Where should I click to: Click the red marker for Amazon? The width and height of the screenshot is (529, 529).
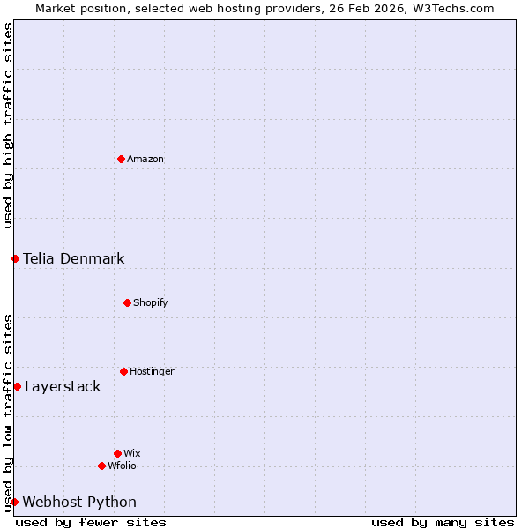coord(121,159)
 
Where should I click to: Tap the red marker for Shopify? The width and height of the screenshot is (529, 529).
coord(127,302)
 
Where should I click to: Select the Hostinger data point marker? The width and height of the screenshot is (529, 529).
coord(123,371)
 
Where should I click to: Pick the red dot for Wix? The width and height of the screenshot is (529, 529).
coord(117,453)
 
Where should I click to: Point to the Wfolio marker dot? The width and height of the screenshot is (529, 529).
coord(101,466)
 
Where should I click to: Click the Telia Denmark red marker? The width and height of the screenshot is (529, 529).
coord(15,258)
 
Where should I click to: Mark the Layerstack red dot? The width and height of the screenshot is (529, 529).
coord(17,386)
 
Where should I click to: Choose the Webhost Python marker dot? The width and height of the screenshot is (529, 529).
coord(14,502)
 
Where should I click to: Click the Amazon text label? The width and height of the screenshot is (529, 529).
coord(145,160)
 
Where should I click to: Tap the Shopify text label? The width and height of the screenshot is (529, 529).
coord(151,303)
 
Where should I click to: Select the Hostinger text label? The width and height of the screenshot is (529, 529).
coord(152,372)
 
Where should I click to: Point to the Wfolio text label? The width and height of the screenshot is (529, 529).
coord(122,466)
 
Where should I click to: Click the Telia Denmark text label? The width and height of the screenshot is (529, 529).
coord(74,259)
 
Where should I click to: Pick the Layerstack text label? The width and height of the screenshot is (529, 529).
coord(63,387)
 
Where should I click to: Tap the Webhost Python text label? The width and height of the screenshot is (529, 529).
coord(79,503)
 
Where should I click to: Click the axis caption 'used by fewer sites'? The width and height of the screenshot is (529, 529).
coord(91,522)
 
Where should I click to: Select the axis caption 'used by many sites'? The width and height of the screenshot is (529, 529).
coord(443,522)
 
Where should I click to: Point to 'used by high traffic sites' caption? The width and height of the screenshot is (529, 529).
coord(8,125)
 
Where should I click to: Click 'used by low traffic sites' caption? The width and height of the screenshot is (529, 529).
coord(8,413)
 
